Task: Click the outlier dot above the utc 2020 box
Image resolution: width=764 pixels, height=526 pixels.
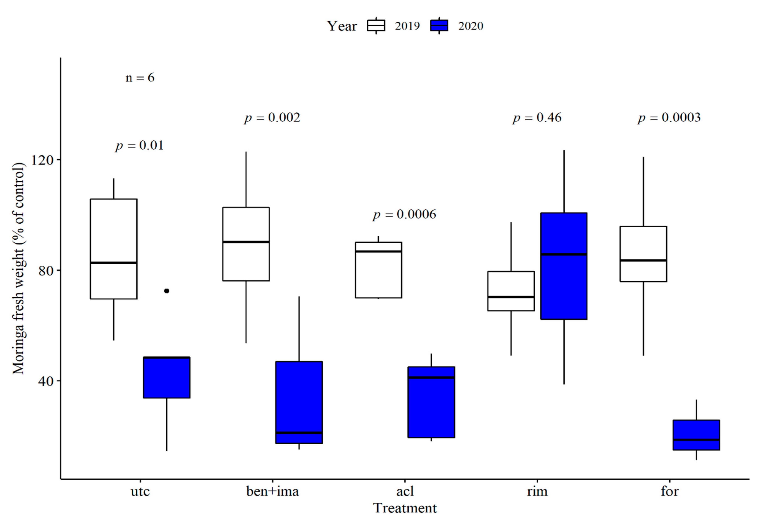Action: (x=167, y=291)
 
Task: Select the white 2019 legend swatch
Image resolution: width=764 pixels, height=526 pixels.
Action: (x=376, y=26)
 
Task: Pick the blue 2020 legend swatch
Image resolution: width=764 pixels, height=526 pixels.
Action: (x=439, y=26)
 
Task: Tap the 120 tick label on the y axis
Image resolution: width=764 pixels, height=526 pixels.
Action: (x=42, y=160)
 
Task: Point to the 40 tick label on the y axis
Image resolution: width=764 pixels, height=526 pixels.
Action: (x=46, y=381)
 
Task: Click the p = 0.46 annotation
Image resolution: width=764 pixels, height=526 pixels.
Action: (x=537, y=118)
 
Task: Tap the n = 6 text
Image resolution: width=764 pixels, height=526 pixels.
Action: (x=140, y=78)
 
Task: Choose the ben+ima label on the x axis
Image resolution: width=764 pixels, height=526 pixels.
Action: (x=273, y=491)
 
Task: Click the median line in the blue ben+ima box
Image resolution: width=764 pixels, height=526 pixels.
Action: (x=299, y=433)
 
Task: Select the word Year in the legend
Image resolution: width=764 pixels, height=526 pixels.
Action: (x=342, y=26)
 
